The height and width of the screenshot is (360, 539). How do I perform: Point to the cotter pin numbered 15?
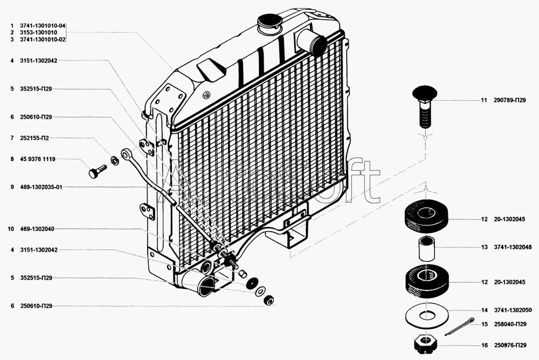[x=459, y=327]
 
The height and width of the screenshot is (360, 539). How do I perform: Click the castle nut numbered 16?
[x=425, y=343]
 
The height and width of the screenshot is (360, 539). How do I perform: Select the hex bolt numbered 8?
[x=96, y=171]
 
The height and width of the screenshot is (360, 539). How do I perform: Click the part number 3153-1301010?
[x=38, y=32]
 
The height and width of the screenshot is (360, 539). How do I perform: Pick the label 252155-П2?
[x=34, y=138]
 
